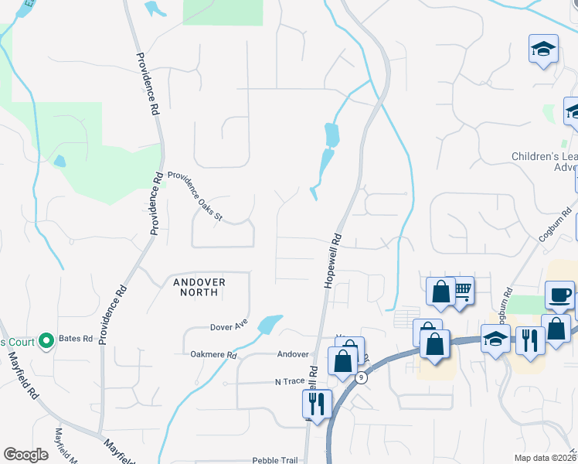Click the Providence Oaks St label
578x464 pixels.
coord(195,196)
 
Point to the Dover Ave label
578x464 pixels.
coord(228,327)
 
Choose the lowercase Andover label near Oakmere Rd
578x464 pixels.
coord(293,354)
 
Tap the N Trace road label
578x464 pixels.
coord(290,382)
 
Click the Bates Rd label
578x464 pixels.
coord(78,339)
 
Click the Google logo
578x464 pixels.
coord(25,455)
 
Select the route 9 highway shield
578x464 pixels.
coord(361,377)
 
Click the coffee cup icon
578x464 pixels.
coord(559,295)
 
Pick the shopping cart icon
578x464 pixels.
coord(461,290)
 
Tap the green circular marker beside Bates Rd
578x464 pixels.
coord(46,339)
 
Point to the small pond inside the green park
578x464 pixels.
coord(59,161)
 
